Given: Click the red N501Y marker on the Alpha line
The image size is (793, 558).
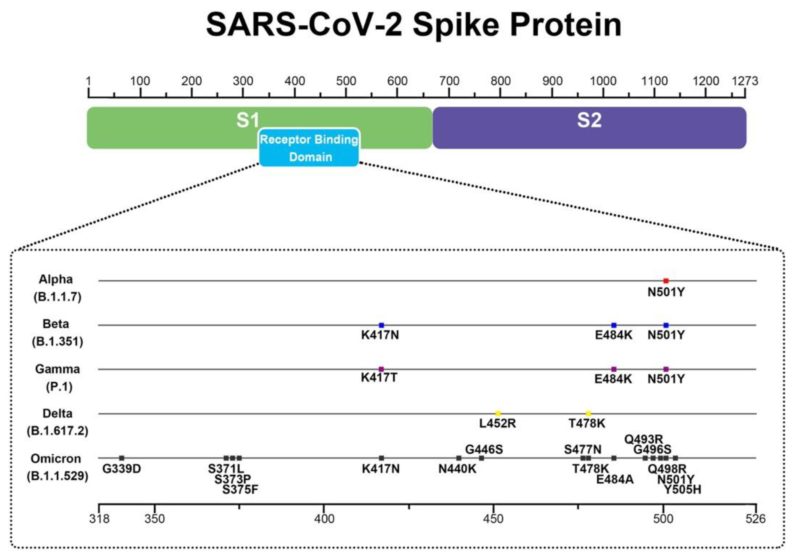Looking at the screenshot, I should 666,281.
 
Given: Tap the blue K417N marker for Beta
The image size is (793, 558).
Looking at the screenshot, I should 381,325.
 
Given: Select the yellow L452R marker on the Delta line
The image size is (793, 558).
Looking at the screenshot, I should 498,413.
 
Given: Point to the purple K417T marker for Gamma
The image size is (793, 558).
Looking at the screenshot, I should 381,369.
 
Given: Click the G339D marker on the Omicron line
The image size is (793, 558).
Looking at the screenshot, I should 122,458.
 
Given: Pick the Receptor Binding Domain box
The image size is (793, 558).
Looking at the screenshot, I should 309,148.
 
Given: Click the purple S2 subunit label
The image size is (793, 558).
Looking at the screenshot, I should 589,120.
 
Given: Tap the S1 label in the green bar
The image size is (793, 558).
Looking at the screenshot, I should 248,120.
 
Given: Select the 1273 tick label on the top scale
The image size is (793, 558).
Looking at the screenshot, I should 745,81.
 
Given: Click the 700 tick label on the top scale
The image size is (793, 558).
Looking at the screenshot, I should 449,81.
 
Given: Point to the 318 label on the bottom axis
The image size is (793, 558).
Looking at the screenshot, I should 99,519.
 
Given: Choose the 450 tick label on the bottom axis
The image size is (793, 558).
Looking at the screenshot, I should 493,519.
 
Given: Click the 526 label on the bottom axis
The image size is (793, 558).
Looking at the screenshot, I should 755,519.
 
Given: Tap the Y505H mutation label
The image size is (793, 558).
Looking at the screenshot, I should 682,489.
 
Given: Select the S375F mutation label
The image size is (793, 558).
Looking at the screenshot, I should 240,489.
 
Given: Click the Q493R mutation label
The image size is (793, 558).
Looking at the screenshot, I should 644,439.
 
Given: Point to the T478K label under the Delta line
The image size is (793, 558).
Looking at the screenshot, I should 587,423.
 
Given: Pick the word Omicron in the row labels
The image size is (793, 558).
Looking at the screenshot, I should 56,459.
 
